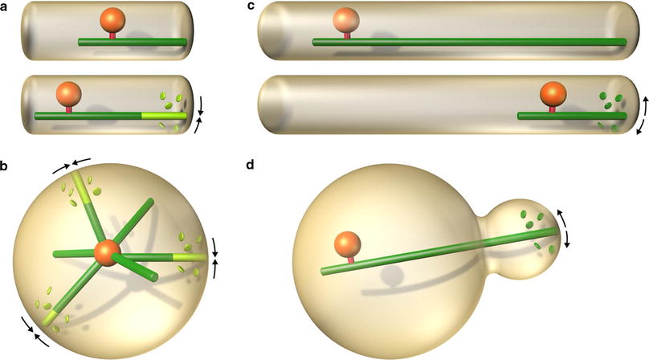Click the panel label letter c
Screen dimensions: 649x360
pyautogui.click(x=251, y=6)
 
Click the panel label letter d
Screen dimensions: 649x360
pyautogui.click(x=251, y=166)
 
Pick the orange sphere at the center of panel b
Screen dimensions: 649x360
pyautogui.click(x=107, y=253)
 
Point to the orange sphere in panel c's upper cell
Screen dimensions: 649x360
pyautogui.click(x=346, y=20)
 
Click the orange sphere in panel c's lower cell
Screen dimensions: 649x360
pyautogui.click(x=551, y=94)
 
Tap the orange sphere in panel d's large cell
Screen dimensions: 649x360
pyautogui.click(x=347, y=245)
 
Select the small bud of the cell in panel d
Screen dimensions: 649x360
pyautogui.click(x=527, y=233)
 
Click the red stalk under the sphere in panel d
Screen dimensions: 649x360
pyautogui.click(x=347, y=261)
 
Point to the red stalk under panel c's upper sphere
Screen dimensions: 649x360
pyautogui.click(x=346, y=36)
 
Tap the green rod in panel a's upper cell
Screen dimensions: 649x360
pyautogui.click(x=133, y=41)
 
